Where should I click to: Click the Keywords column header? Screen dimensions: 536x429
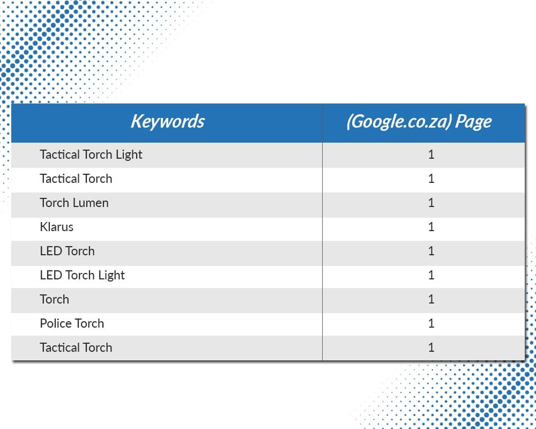(167, 121)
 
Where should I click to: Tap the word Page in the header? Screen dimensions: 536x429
(473, 122)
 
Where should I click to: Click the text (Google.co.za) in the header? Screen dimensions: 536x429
(399, 122)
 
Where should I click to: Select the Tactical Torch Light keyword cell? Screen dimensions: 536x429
(91, 154)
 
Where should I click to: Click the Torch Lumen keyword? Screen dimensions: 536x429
(74, 203)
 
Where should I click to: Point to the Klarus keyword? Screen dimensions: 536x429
(56, 227)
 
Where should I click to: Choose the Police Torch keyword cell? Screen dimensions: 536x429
(72, 323)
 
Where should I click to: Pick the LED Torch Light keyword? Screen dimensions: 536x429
(82, 276)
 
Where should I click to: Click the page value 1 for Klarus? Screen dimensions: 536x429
(431, 227)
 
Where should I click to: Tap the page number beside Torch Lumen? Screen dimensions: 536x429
(431, 203)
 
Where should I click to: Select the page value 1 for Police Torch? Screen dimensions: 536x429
(431, 323)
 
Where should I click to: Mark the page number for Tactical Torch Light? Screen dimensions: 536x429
(431, 154)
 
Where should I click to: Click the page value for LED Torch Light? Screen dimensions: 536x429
(431, 275)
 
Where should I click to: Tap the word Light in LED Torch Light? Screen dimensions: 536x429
(111, 276)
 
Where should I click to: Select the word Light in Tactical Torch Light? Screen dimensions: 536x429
(129, 154)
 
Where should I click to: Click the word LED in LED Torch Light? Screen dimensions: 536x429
(50, 275)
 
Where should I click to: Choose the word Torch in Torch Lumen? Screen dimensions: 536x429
(55, 203)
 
